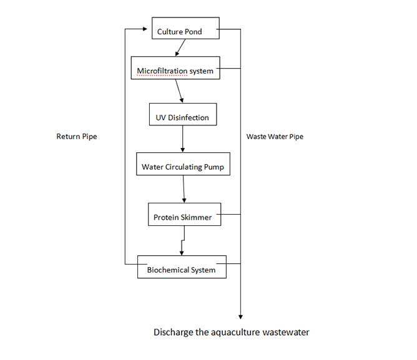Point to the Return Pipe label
click(77, 136)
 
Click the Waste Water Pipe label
click(275, 136)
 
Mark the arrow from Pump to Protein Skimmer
click(184, 189)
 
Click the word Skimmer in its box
click(198, 218)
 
